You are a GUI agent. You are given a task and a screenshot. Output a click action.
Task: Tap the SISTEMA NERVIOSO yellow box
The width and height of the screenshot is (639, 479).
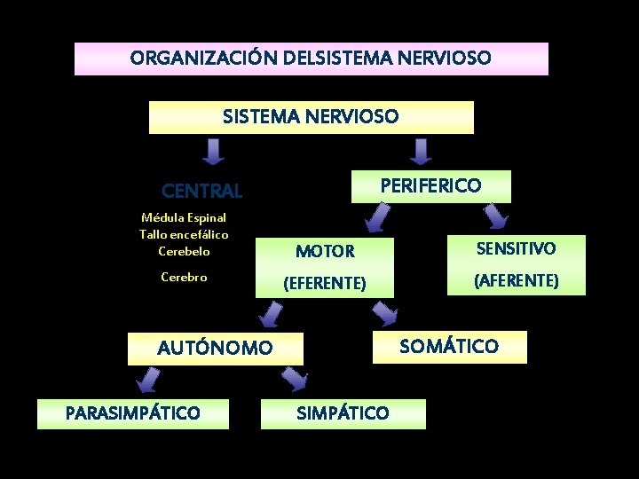tap(311, 116)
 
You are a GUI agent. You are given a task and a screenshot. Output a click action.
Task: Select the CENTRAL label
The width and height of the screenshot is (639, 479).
tap(201, 191)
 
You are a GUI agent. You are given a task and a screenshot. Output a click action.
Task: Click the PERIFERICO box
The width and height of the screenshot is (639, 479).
tap(430, 185)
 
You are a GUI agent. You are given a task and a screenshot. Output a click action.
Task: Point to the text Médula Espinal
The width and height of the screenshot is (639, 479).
tap(184, 217)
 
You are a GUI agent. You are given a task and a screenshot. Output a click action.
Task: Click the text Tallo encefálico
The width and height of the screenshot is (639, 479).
tap(184, 234)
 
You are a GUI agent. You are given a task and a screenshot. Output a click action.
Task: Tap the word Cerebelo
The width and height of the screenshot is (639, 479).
tap(184, 251)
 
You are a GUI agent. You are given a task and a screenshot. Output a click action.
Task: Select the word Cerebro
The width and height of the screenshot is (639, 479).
tap(184, 277)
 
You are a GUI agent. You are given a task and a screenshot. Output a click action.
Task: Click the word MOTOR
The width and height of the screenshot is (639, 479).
tap(325, 251)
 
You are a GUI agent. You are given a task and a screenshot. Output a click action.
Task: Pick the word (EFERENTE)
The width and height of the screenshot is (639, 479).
tap(324, 284)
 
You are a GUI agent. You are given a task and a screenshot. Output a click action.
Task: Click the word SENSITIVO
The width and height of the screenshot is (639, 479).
tap(517, 248)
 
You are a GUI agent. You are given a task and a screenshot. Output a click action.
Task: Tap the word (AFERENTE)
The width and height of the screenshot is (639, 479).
tap(517, 280)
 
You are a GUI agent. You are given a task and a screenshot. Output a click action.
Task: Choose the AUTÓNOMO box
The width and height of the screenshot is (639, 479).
tap(215, 349)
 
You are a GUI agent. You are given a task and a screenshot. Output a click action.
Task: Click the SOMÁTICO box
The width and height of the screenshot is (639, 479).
tap(449, 346)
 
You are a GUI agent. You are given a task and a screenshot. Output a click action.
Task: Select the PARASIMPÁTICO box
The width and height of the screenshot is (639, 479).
tap(133, 413)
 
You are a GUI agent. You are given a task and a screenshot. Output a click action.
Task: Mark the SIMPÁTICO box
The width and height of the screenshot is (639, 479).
tap(343, 413)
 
